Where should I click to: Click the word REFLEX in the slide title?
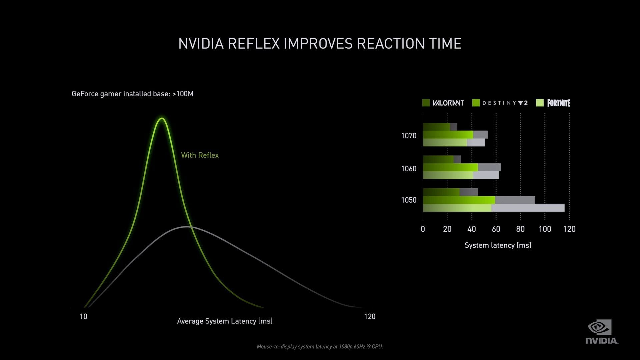coord(253,44)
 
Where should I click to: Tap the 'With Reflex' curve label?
coord(200,155)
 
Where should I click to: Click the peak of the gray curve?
coord(187,227)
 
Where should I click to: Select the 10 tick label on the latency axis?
coord(83,317)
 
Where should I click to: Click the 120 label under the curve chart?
coord(370,317)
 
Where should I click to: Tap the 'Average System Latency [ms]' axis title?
coord(225,321)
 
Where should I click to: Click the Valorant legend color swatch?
coord(426,103)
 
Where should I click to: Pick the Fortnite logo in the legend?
coord(559,103)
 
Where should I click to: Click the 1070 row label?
coord(409,136)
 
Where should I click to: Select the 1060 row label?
coord(409,169)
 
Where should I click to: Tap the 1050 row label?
coord(409,200)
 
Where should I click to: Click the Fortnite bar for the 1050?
coord(493,208)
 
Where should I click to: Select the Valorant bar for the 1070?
coord(440,127)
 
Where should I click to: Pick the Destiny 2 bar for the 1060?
coord(462,167)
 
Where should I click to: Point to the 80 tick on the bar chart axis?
coord(520,229)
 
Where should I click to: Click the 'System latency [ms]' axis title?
coord(498,245)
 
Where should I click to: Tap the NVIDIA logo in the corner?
coord(601,332)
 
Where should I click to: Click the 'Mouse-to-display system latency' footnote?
coord(320,347)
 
